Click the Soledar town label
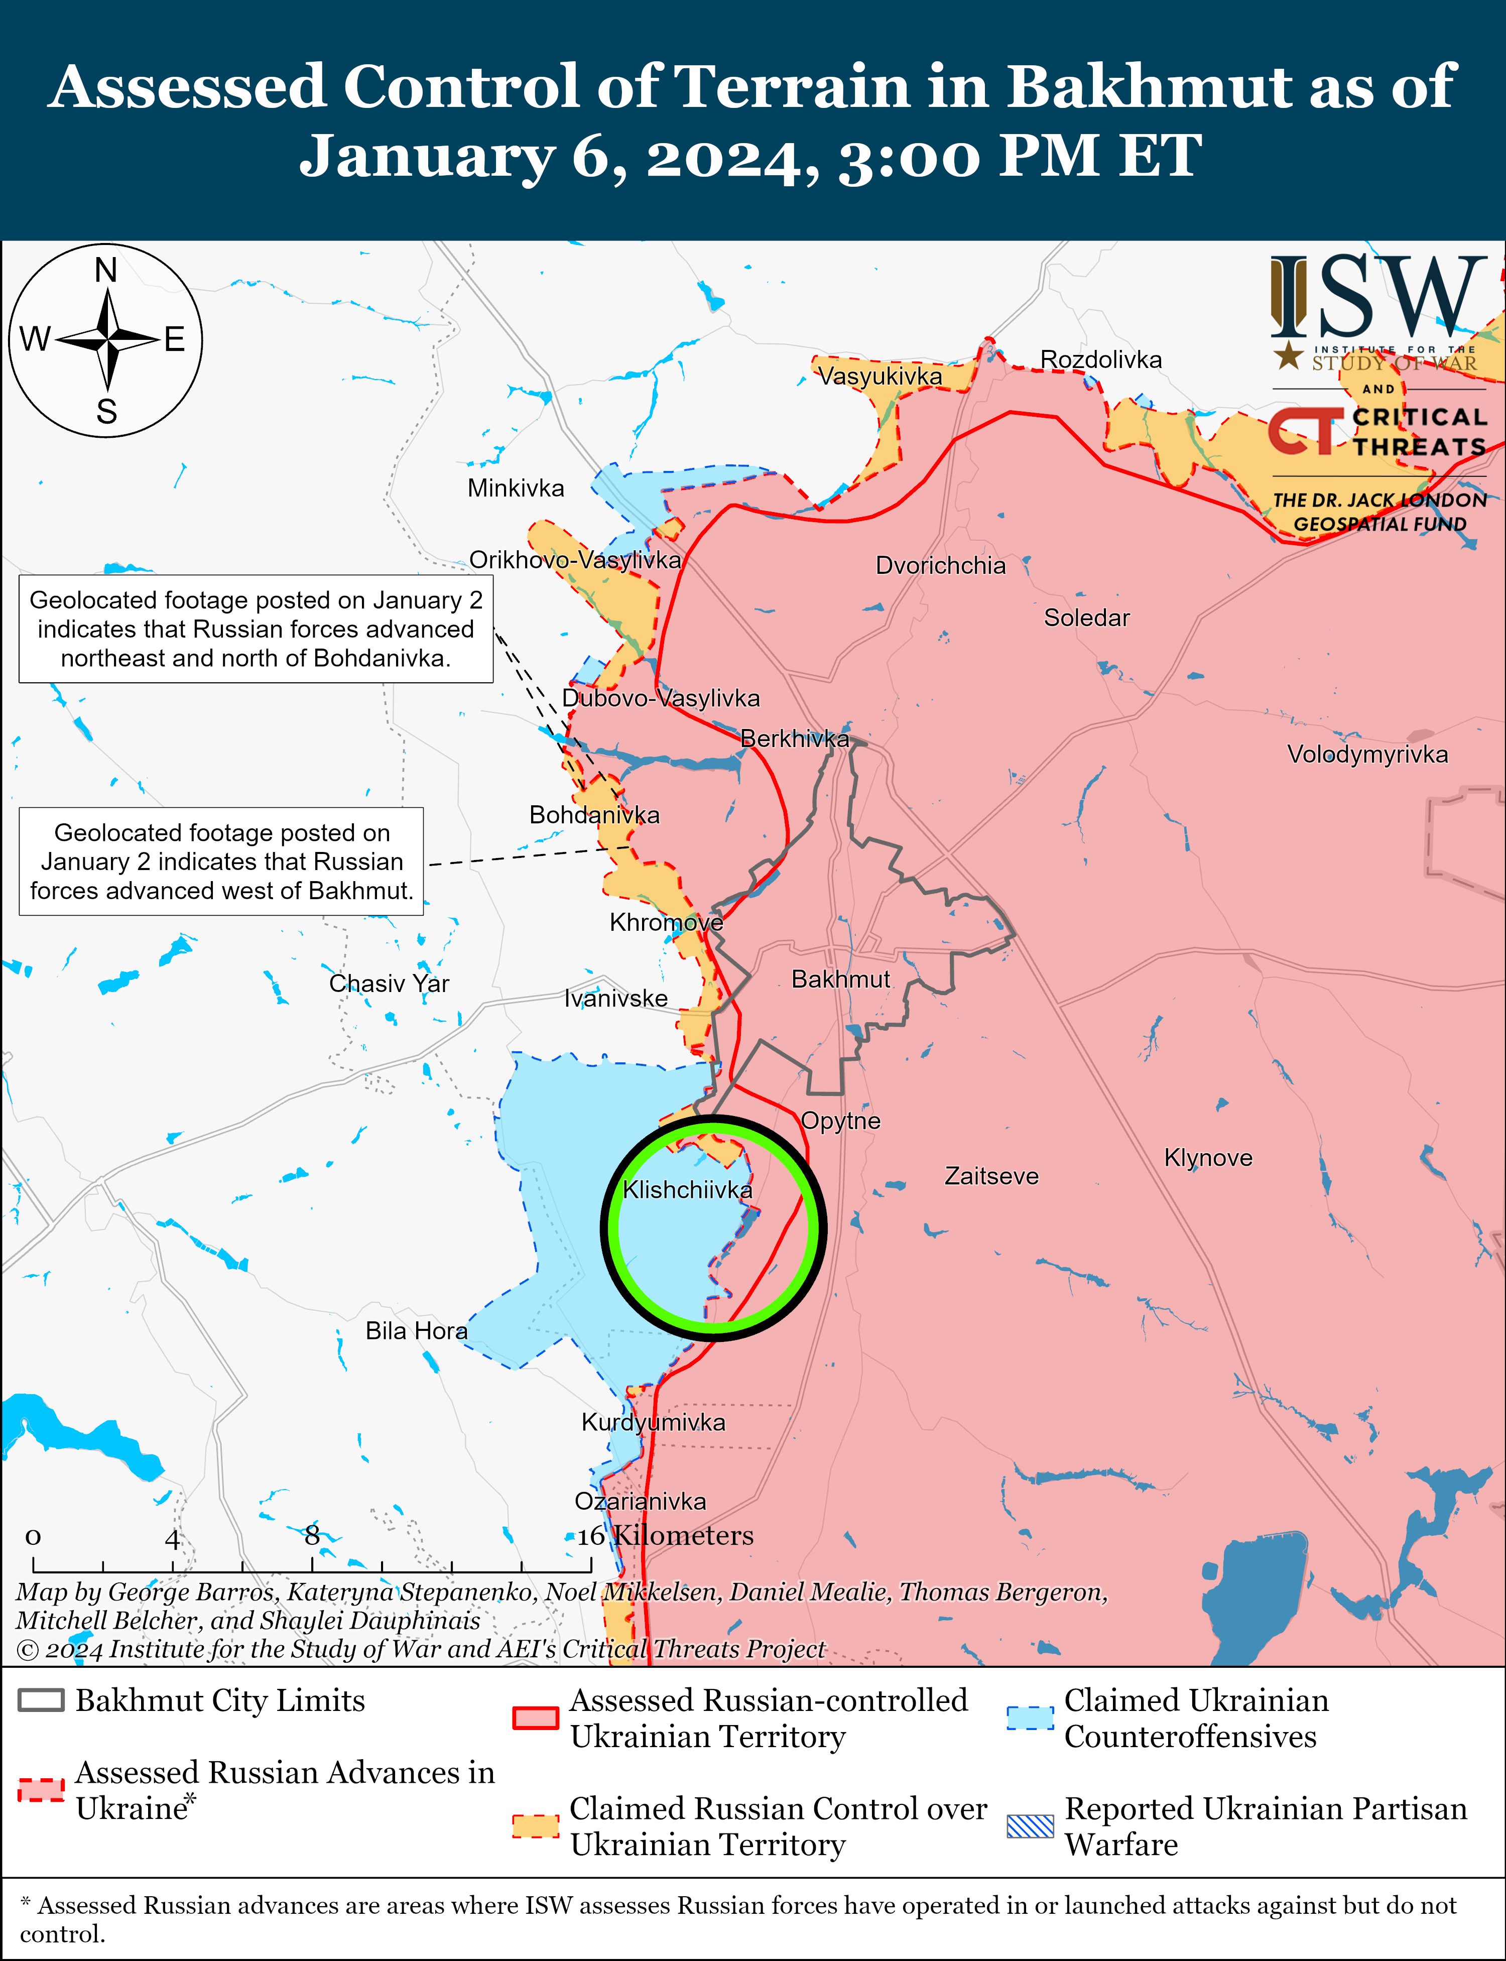[x=1086, y=618]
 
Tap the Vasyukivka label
[x=881, y=377]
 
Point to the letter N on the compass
[x=106, y=270]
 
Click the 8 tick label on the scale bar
[x=311, y=1536]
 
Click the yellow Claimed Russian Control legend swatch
[x=535, y=1826]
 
